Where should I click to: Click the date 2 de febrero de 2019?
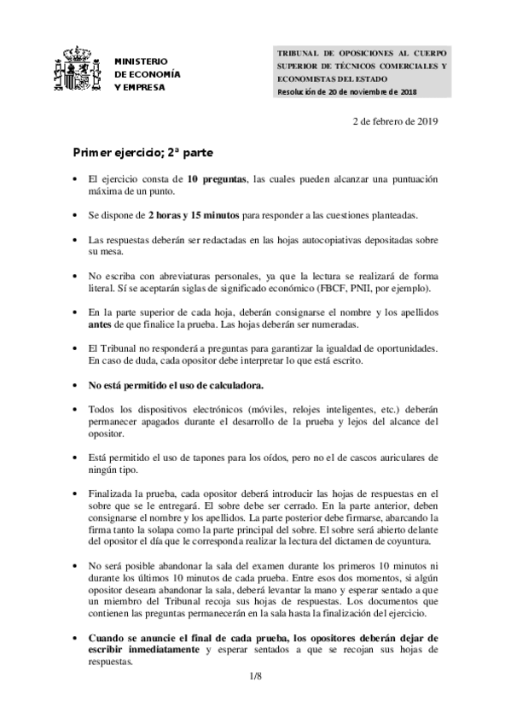point(395,120)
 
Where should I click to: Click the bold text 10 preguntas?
point(217,180)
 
